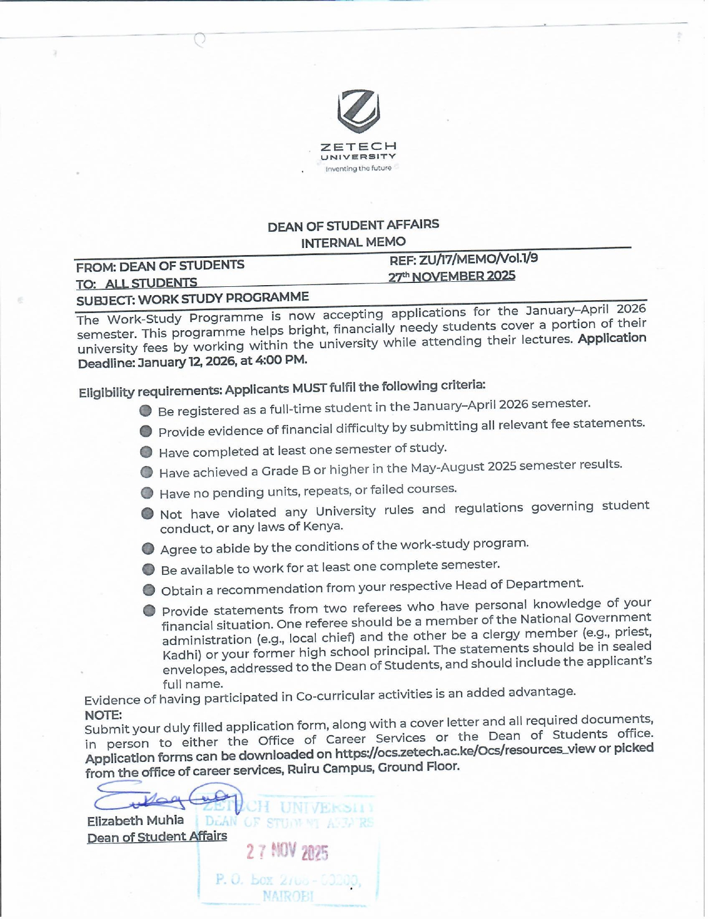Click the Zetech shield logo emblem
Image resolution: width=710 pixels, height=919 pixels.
tap(359, 110)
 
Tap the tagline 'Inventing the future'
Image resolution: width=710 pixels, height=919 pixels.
tap(359, 168)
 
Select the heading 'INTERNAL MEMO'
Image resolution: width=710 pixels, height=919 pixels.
tap(353, 243)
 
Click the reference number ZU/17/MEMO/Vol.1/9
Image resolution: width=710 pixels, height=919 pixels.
tap(478, 258)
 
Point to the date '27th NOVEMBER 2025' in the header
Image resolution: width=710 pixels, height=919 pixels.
tap(452, 276)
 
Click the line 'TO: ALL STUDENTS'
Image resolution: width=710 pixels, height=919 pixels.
tap(136, 283)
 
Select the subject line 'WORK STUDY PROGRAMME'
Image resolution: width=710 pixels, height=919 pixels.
tap(223, 298)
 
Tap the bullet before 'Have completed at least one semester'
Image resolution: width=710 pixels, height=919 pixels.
tap(146, 452)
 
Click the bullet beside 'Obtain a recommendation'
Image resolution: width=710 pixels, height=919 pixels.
tap(149, 590)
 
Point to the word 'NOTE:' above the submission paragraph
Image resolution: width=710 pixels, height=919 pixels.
tap(103, 715)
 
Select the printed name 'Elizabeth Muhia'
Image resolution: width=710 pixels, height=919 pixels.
tap(135, 820)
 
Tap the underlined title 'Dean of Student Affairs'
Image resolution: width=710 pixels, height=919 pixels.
tap(157, 837)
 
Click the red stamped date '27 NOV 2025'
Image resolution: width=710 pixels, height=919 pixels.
tap(287, 852)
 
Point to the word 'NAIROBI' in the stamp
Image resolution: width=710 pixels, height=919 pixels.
tap(288, 896)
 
